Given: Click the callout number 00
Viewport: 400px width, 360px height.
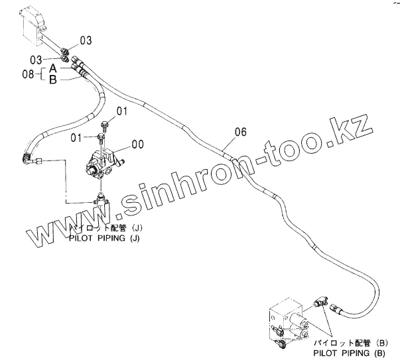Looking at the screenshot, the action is [x=138, y=143].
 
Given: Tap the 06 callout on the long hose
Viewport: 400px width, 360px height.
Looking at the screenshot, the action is [x=240, y=133].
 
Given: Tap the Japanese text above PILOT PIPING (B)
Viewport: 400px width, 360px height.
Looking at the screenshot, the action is [x=359, y=343].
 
